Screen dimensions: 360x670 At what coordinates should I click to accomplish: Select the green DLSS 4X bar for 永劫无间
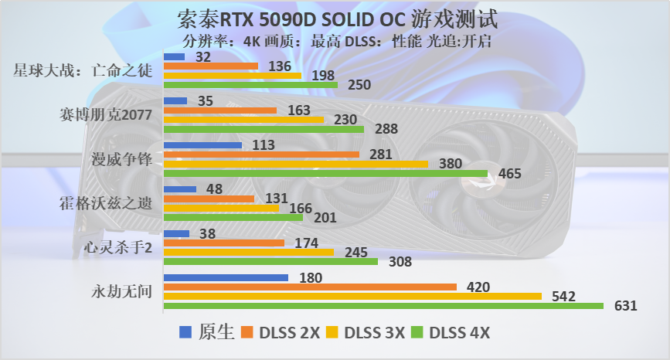tap(383, 306)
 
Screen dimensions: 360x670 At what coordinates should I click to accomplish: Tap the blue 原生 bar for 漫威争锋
tap(202, 144)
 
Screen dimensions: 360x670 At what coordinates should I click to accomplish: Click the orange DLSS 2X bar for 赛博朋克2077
tap(220, 110)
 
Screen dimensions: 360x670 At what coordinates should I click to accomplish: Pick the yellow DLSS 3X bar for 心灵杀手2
tap(249, 252)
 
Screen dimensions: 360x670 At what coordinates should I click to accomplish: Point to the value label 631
tap(625, 306)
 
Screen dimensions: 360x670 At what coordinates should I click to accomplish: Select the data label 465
tap(509, 174)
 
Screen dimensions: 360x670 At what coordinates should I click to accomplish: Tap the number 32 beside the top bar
tap(204, 57)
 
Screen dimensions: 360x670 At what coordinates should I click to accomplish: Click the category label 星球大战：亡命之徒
tap(82, 71)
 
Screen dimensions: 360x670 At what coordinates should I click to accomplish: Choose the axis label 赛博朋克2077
tap(106, 115)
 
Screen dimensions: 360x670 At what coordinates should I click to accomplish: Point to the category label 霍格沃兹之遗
tap(106, 204)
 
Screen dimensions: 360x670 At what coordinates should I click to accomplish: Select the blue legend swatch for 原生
tap(185, 333)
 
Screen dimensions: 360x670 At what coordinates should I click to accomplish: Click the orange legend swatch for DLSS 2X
tap(247, 333)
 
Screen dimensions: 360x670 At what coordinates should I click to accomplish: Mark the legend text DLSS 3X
tap(375, 333)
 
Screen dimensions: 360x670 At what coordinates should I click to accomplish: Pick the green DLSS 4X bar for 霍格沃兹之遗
tap(233, 218)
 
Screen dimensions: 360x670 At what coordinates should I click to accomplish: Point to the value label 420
tap(479, 287)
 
